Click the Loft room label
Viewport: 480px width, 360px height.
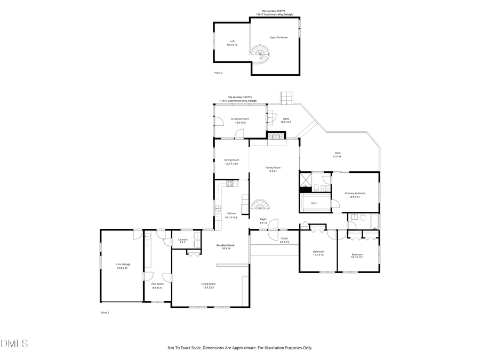point(232,41)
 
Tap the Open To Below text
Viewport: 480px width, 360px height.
point(278,37)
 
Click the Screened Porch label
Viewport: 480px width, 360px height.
point(239,119)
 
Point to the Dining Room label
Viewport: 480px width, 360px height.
point(231,160)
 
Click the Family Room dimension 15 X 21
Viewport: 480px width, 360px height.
point(273,171)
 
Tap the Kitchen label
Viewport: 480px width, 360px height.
point(231,213)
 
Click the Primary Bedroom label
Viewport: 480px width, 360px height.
point(355,194)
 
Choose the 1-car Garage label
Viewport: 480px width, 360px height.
point(123,265)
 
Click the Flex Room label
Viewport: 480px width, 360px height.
point(157,284)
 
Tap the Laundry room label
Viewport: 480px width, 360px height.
point(182,239)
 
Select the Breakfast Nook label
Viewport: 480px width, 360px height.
point(225,245)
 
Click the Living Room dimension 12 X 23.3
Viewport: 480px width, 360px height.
point(207,287)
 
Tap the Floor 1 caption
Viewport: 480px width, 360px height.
point(105,312)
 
